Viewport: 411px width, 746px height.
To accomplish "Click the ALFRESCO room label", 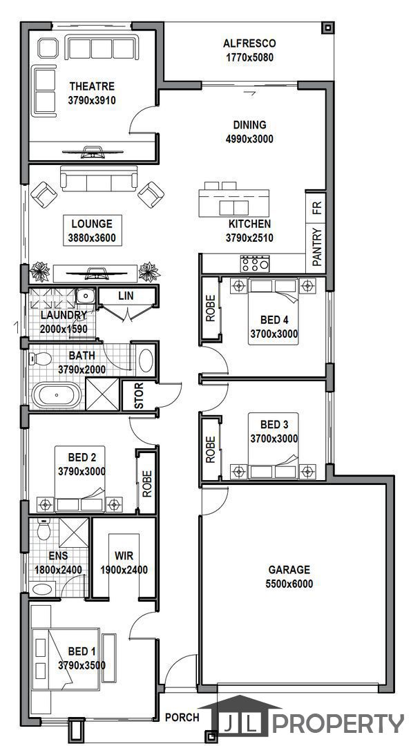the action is point(249,44).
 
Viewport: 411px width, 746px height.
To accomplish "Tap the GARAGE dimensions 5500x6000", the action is point(289,583).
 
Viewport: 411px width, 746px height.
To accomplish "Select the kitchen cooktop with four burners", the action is point(255,264).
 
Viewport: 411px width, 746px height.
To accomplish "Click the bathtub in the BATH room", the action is point(57,395).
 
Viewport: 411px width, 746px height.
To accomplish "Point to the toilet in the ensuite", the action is point(44,528).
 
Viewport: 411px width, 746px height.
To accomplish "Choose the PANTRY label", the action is point(317,247).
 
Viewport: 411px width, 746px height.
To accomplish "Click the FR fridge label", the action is point(317,207).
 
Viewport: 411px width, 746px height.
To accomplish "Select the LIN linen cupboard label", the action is point(126,296).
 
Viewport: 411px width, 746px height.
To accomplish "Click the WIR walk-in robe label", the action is point(124,555).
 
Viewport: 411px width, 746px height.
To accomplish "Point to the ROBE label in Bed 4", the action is point(210,308).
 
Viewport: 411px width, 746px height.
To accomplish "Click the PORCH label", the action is point(182,718).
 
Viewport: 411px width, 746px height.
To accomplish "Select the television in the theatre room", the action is point(93,152).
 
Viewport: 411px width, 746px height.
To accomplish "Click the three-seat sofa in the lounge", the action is point(99,178).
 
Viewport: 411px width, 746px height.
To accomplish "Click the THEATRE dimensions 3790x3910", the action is point(93,100).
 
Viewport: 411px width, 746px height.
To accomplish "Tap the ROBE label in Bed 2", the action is point(147,484).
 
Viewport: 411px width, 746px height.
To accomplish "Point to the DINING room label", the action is point(250,124).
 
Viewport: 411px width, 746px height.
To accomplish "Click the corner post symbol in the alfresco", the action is point(326,28).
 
